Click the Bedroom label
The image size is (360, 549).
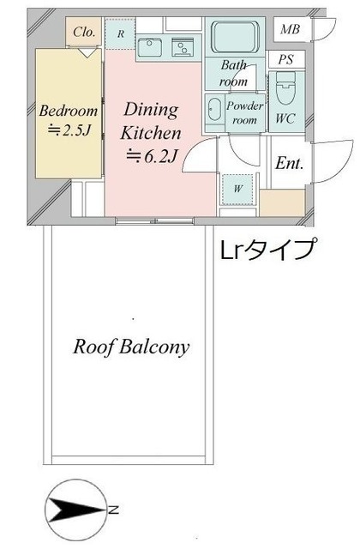pyautogui.click(x=69, y=110)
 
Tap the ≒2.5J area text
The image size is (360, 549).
pyautogui.click(x=69, y=130)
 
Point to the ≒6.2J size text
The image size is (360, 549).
pyautogui.click(x=152, y=156)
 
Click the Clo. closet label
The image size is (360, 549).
pyautogui.click(x=84, y=32)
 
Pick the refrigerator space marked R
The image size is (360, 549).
pyautogui.click(x=121, y=33)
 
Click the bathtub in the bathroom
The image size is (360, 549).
pyautogui.click(x=236, y=38)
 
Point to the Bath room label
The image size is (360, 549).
pyautogui.click(x=234, y=74)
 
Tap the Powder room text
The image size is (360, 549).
pyautogui.click(x=244, y=113)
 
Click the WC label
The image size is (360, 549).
pyautogui.click(x=285, y=119)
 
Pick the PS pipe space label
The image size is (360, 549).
pyautogui.click(x=285, y=60)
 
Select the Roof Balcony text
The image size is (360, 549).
pyautogui.click(x=131, y=347)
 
